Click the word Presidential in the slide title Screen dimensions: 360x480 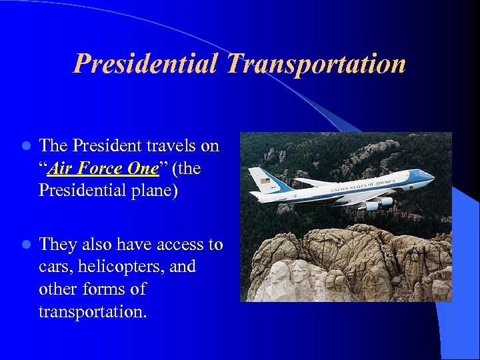click(x=145, y=64)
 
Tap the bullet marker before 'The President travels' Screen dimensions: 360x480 click(x=25, y=146)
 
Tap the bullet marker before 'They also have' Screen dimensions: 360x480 click(x=25, y=245)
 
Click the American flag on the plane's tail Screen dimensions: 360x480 click(x=266, y=181)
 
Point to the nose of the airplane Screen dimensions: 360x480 click(x=431, y=177)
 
